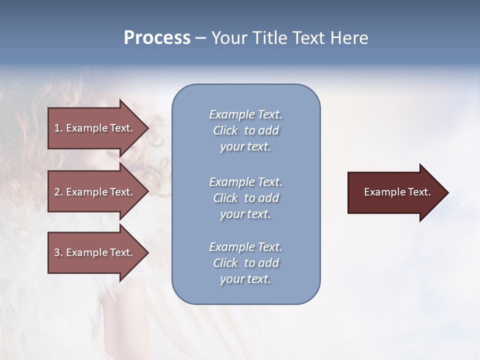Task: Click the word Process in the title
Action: click(157, 38)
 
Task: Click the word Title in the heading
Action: click(270, 38)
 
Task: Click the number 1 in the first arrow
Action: click(57, 128)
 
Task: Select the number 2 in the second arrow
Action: click(57, 192)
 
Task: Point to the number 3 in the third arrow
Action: click(57, 252)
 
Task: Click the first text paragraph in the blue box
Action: click(245, 130)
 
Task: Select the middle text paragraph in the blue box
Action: click(245, 198)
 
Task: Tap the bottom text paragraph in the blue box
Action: click(245, 263)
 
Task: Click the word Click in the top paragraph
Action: click(225, 130)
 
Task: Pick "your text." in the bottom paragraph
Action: click(245, 279)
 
